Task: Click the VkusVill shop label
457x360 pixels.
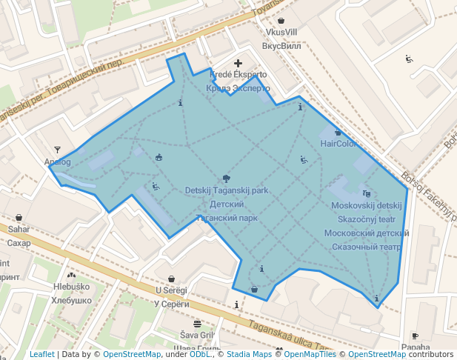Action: coord(281,33)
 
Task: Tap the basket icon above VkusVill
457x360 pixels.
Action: coord(281,20)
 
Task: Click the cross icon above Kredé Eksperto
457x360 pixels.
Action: coord(238,64)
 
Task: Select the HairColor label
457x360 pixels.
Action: coord(338,144)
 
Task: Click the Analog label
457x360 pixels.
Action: coord(57,161)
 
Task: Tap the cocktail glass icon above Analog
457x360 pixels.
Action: coord(58,150)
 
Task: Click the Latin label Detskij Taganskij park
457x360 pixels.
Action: coord(227,190)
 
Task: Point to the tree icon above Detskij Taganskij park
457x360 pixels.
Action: coord(227,179)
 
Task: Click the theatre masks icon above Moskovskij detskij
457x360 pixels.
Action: coord(367,193)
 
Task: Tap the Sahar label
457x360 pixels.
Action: coord(19,230)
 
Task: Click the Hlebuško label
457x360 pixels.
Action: coord(71,287)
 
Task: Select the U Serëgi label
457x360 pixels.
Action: coord(171,290)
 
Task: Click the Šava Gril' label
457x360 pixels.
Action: coord(197,335)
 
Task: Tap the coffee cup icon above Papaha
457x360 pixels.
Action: coord(415,336)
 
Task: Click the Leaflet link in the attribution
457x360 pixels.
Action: coord(41,354)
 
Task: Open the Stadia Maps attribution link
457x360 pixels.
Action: coord(249,354)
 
